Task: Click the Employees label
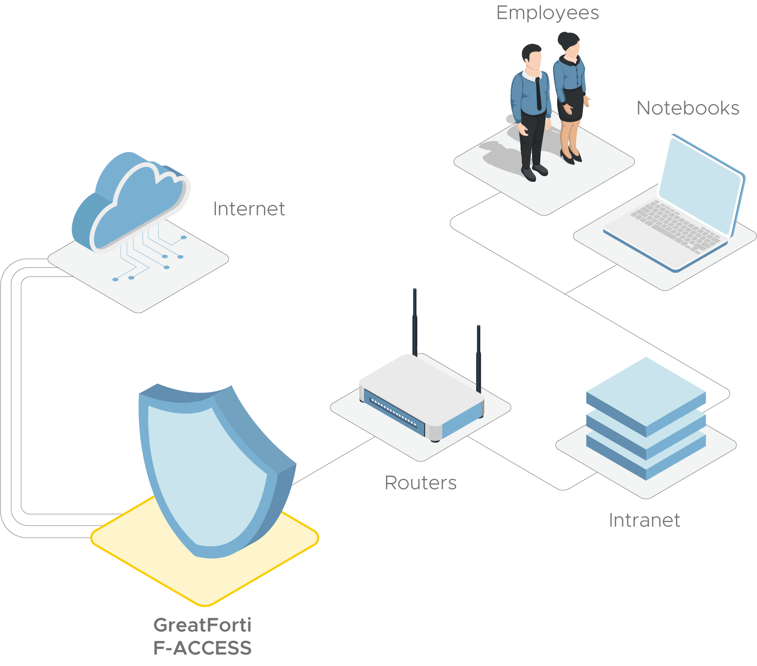(x=547, y=13)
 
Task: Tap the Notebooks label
(x=688, y=108)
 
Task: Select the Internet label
(x=249, y=209)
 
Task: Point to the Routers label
(x=420, y=483)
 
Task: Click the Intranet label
(x=644, y=520)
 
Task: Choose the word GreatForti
(x=202, y=625)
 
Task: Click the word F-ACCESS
(x=202, y=648)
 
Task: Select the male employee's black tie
(x=538, y=95)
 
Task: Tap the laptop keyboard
(x=674, y=226)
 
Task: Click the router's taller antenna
(x=415, y=321)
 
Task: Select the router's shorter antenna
(x=479, y=358)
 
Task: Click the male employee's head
(x=532, y=58)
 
